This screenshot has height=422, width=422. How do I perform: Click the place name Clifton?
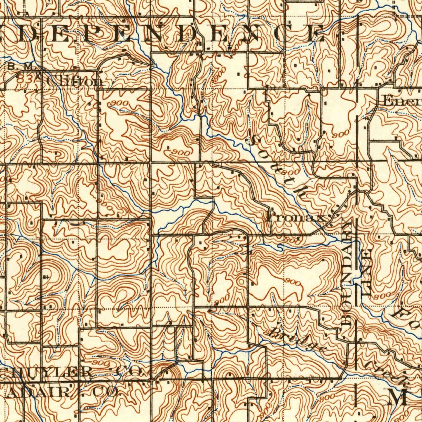click(x=75, y=81)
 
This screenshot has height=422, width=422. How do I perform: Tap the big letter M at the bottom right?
click(x=398, y=396)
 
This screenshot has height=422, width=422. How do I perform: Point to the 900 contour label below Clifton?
click(x=120, y=103)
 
